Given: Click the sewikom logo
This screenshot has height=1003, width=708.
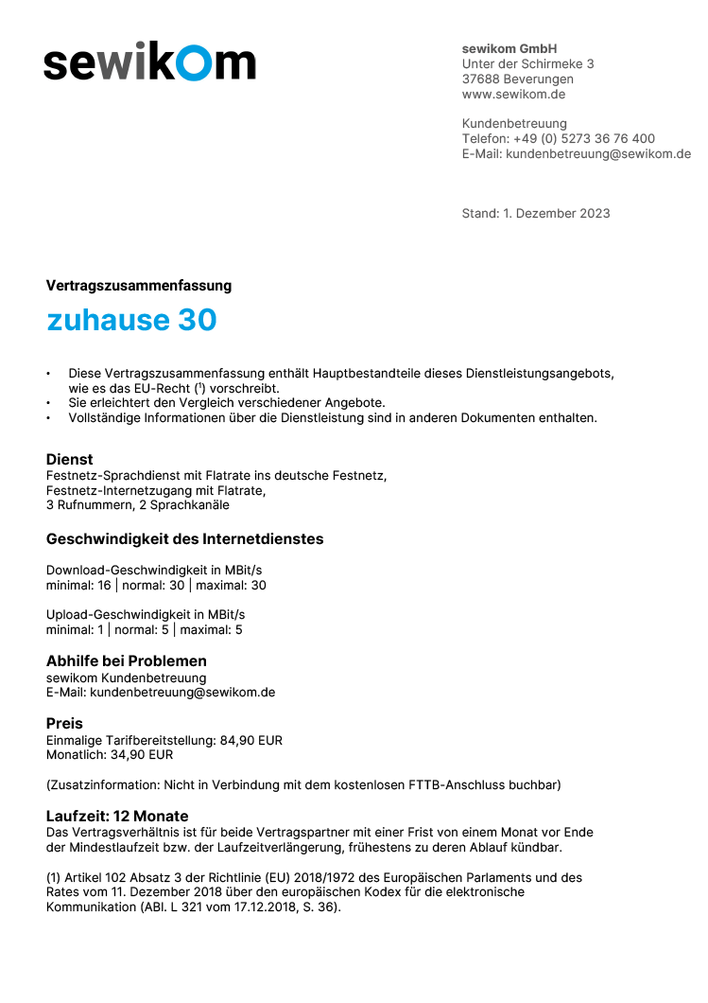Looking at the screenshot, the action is pyautogui.click(x=149, y=62).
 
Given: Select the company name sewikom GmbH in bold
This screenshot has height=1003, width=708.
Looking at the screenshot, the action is pyautogui.click(x=509, y=48).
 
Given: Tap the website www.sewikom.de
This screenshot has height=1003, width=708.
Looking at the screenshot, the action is pyautogui.click(x=513, y=95).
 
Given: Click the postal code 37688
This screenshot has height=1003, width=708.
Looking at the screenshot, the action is pyautogui.click(x=480, y=79).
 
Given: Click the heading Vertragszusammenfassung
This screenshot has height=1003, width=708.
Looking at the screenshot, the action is pyautogui.click(x=139, y=286).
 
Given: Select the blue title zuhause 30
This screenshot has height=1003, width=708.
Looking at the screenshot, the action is pyautogui.click(x=131, y=321).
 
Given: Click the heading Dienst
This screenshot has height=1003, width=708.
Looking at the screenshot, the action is pyautogui.click(x=70, y=459).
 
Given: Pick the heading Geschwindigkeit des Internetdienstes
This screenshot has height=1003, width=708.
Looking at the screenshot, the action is pyautogui.click(x=184, y=539).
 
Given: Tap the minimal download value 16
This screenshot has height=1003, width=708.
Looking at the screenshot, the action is pyautogui.click(x=104, y=586).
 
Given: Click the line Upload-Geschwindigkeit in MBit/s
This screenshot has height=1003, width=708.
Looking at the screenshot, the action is pyautogui.click(x=146, y=615).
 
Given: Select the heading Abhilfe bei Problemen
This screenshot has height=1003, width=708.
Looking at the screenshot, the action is pyautogui.click(x=127, y=661).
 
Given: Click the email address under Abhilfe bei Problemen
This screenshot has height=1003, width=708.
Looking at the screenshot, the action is pyautogui.click(x=182, y=693).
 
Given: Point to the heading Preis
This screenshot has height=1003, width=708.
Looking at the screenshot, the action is pyautogui.click(x=64, y=724).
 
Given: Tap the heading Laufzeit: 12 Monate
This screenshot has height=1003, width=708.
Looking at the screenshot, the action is pyautogui.click(x=117, y=816).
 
